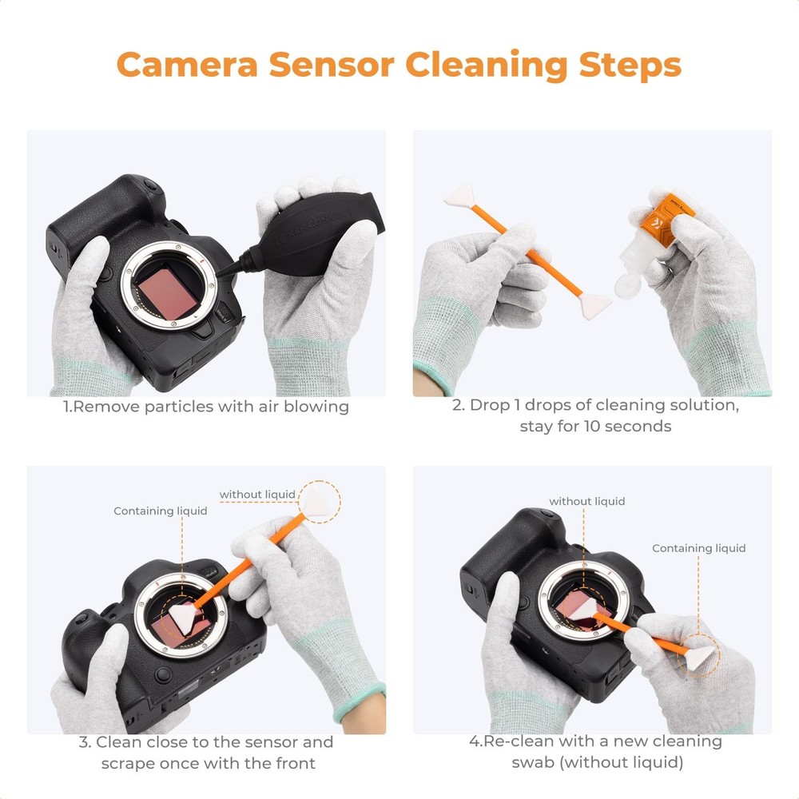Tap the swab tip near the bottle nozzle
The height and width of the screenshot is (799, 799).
[x=594, y=303]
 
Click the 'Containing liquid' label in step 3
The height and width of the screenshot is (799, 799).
[x=160, y=511]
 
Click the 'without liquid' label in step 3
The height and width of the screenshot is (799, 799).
[x=257, y=495]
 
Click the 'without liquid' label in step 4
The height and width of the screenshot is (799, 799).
[x=586, y=502]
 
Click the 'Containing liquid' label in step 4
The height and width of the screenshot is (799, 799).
[x=698, y=548]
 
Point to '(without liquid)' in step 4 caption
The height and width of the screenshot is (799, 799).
[x=597, y=763]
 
